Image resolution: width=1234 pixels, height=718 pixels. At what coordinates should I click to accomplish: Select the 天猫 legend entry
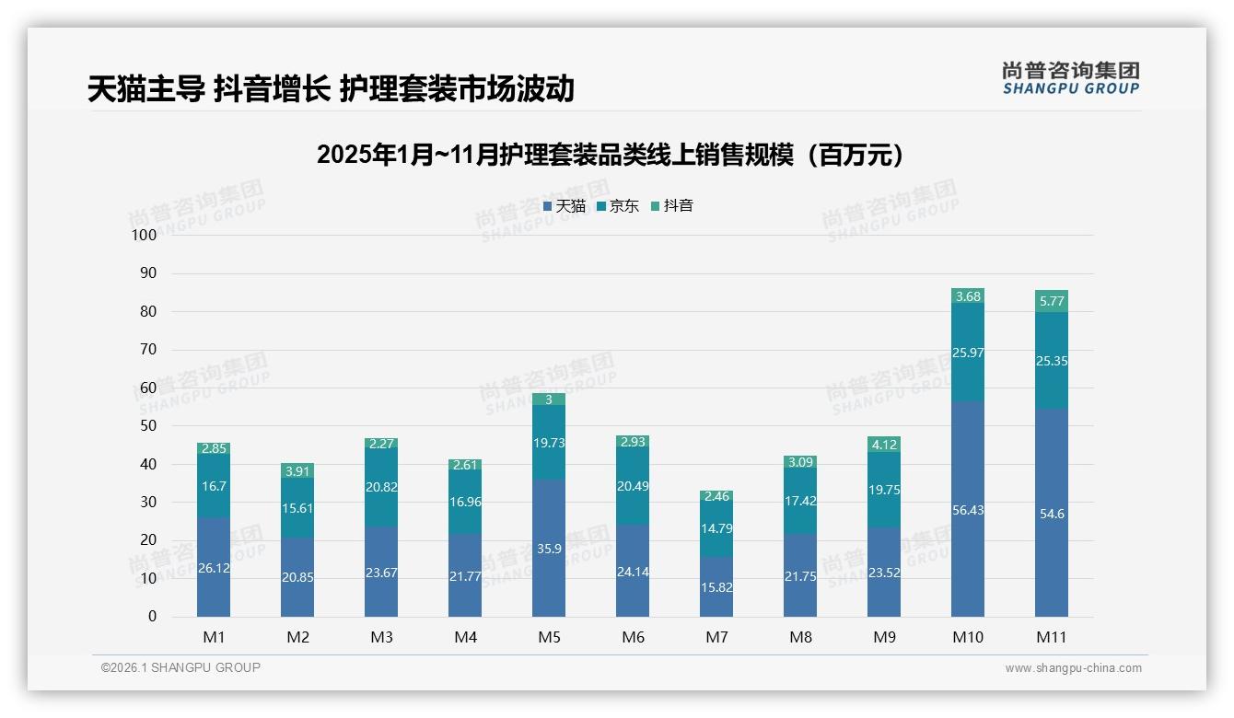[564, 206]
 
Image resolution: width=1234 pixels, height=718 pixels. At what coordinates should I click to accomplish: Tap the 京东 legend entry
[617, 206]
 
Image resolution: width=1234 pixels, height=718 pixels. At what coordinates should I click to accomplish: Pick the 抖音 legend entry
[671, 206]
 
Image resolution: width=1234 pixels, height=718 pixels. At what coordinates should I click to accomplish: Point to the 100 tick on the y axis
[145, 235]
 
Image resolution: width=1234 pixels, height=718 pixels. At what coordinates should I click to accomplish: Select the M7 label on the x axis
[716, 637]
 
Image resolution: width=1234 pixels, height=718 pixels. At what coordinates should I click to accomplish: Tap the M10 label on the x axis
[967, 637]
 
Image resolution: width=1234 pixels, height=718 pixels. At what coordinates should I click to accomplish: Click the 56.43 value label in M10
[968, 510]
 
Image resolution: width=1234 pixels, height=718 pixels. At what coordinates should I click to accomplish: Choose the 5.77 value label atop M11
[1051, 301]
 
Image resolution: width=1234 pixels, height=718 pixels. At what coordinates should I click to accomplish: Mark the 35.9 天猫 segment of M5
[549, 548]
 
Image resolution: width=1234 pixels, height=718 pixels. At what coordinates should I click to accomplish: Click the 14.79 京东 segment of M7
[716, 528]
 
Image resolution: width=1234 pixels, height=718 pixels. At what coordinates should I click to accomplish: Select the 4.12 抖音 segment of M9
[884, 445]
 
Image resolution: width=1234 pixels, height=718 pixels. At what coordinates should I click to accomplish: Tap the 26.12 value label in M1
[214, 568]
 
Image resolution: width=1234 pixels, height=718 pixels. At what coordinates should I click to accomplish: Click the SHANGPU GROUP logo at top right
[1070, 78]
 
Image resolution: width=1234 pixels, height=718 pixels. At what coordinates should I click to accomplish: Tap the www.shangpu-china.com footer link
[1073, 668]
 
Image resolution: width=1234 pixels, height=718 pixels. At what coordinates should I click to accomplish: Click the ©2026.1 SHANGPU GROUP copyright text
[180, 667]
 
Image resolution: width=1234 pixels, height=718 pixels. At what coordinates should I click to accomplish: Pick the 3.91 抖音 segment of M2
[297, 470]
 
